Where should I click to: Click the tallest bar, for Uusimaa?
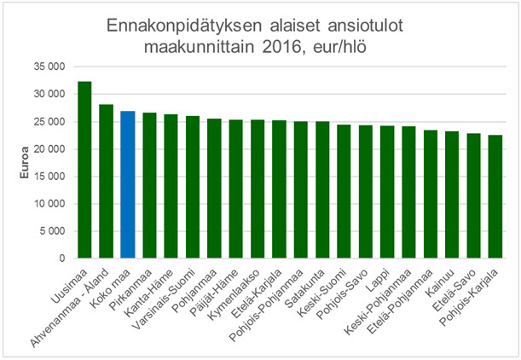click(84, 171)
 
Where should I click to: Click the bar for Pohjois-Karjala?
click(495, 197)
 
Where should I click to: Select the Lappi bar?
click(387, 192)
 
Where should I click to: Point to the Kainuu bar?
click(452, 195)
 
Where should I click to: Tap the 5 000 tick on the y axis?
click(53, 231)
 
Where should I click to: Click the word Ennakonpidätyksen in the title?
click(171, 27)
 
